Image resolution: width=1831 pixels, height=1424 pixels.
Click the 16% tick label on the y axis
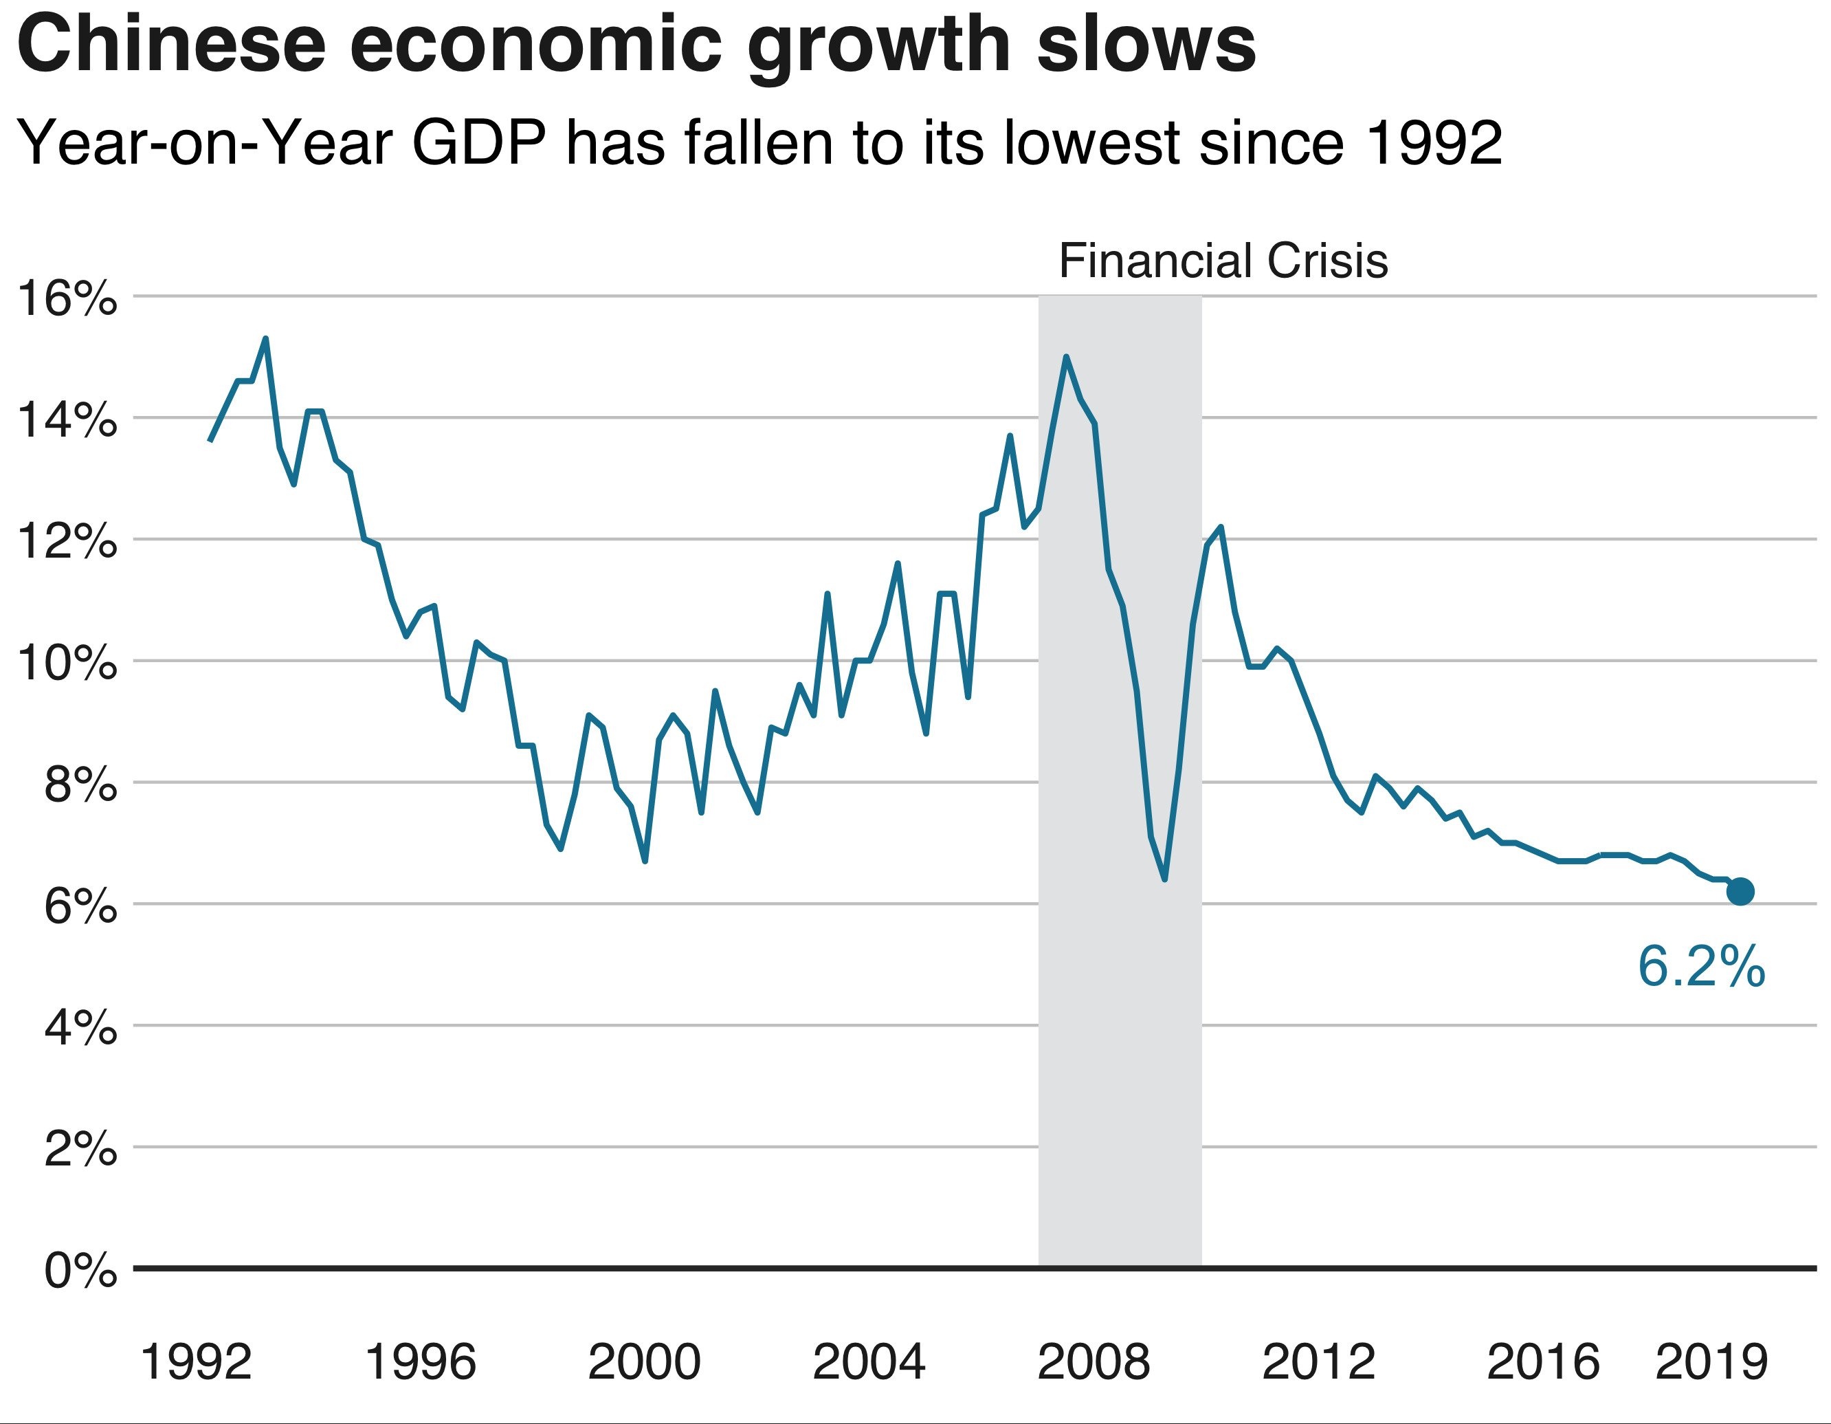(67, 298)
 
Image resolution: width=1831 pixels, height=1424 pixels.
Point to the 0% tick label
(80, 1271)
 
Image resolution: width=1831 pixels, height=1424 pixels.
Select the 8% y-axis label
(80, 785)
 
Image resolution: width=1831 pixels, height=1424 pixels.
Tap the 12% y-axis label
(67, 542)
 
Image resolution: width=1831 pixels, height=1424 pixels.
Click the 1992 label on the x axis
(196, 1362)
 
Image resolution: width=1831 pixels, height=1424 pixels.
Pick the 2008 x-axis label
(1094, 1362)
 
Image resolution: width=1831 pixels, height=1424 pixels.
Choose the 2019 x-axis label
(1711, 1362)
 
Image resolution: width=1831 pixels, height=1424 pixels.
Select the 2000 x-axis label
(644, 1362)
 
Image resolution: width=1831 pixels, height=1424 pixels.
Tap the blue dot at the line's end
(1740, 892)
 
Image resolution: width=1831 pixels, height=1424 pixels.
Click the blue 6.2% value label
(1701, 966)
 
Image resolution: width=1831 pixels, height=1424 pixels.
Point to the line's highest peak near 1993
(266, 339)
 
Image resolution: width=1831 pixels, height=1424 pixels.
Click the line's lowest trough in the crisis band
(1165, 879)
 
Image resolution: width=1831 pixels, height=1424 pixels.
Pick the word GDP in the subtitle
(478, 142)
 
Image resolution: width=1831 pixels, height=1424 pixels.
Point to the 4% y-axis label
(80, 1028)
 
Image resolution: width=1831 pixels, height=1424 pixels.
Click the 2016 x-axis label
(1542, 1362)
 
